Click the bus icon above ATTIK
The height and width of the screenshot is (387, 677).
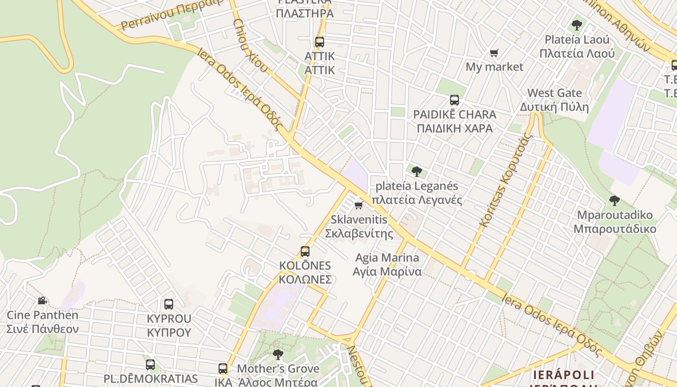click(x=319, y=42)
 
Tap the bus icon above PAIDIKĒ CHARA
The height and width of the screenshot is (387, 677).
click(x=455, y=100)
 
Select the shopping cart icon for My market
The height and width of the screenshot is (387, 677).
click(x=494, y=53)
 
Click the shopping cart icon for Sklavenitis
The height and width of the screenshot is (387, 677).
click(x=358, y=205)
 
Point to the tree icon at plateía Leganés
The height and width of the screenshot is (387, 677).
click(x=416, y=171)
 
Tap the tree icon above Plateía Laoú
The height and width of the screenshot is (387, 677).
click(x=576, y=25)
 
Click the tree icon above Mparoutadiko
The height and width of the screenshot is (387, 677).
click(x=615, y=200)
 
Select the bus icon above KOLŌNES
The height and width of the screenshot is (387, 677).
click(x=305, y=252)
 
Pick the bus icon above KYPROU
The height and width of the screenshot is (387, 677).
click(x=169, y=304)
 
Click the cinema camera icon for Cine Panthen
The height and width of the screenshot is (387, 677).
click(x=43, y=301)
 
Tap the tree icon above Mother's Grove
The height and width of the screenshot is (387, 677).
click(x=278, y=355)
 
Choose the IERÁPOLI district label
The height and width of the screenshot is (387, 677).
click(x=563, y=375)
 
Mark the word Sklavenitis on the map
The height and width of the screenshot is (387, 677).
click(x=359, y=220)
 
